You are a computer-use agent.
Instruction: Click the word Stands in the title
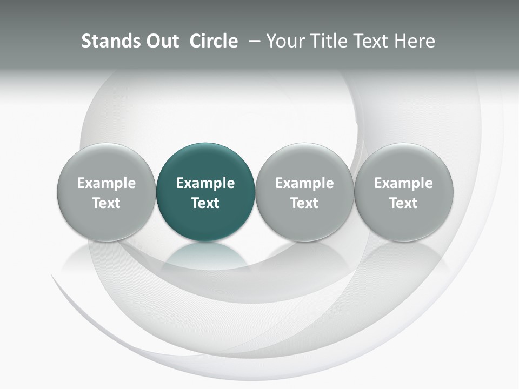(107, 41)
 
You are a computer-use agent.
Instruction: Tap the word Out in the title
(161, 41)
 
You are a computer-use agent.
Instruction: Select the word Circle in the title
(214, 41)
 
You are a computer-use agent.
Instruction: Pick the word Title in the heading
(327, 41)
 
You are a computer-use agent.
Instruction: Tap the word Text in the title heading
(368, 41)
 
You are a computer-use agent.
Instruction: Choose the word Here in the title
(414, 41)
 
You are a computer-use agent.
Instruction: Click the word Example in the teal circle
(205, 183)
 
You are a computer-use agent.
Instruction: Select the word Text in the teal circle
(205, 203)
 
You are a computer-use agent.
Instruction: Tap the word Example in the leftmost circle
(107, 183)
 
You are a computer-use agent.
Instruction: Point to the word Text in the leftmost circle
(107, 203)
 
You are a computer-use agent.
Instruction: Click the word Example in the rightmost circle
(404, 183)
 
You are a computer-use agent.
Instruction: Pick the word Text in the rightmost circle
(404, 203)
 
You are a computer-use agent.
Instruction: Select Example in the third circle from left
(305, 183)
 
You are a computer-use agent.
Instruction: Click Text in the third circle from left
(305, 203)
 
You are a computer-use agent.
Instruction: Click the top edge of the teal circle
(205, 144)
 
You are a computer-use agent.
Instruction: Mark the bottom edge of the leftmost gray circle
(107, 240)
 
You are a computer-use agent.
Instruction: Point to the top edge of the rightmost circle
(404, 144)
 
